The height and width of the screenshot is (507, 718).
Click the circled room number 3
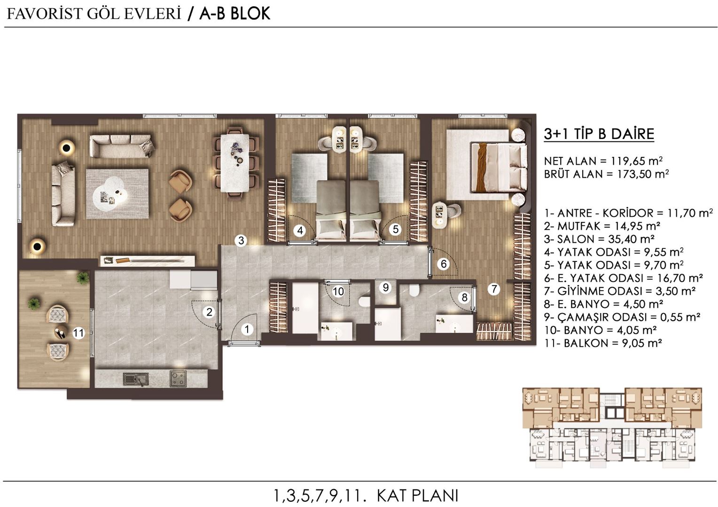(241, 241)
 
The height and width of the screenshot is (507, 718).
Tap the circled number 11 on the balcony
(78, 333)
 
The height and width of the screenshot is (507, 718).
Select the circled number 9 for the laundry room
(386, 287)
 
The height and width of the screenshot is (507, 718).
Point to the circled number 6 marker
(444, 264)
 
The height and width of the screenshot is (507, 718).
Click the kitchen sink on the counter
(136, 378)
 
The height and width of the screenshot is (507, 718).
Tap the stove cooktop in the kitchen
(178, 378)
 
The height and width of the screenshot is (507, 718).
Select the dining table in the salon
(235, 163)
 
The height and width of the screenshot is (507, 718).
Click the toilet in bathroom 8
(414, 291)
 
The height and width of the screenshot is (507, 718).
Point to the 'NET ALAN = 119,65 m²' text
(603, 161)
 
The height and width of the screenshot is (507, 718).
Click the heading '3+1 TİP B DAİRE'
(599, 134)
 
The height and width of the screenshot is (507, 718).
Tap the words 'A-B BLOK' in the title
(234, 14)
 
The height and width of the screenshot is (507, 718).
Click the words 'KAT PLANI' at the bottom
(417, 495)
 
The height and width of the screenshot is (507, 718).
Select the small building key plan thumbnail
(612, 428)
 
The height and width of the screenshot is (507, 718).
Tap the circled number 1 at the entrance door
(247, 330)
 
